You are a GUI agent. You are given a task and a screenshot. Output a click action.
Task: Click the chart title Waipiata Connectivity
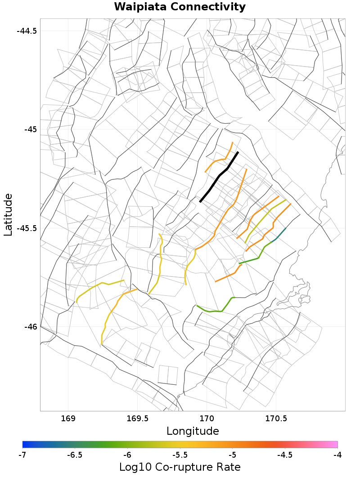[180, 7]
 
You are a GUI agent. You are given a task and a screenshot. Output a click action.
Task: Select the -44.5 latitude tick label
[27, 31]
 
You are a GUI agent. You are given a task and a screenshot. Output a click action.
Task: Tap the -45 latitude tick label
[31, 129]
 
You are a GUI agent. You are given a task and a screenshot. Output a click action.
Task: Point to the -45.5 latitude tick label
[27, 228]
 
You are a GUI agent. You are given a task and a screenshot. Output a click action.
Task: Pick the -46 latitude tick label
[31, 326]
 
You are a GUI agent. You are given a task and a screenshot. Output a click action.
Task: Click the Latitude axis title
[8, 214]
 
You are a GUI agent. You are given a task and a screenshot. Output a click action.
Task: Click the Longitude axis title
[193, 431]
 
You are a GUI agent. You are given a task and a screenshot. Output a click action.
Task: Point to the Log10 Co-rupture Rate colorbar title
[180, 467]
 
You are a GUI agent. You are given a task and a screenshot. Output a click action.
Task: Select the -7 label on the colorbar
[22, 455]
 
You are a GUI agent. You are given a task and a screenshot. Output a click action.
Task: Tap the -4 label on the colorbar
[337, 455]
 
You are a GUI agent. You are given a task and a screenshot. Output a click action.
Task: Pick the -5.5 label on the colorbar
[180, 455]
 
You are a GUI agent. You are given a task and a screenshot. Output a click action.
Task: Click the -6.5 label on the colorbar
[75, 455]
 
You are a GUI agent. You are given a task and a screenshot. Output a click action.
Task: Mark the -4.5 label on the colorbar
[285, 455]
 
